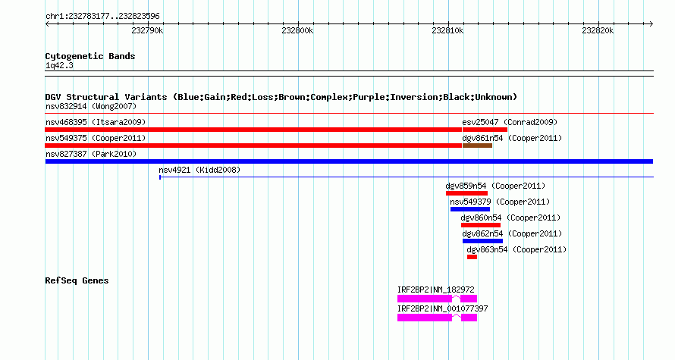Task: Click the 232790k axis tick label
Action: [147, 30]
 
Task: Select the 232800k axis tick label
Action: [297, 30]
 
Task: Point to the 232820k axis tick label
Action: [598, 30]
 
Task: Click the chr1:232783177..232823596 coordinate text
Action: [102, 17]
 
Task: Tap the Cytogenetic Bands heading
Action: [90, 56]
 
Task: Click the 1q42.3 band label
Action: [59, 66]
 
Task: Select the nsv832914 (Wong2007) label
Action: [91, 106]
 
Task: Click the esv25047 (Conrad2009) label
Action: [510, 122]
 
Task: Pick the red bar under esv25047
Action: [485, 130]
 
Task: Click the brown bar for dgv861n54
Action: [477, 146]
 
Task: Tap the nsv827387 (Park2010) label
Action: [91, 154]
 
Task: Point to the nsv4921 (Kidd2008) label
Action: [199, 170]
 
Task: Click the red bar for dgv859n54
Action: [466, 193]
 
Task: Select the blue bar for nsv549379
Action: [470, 209]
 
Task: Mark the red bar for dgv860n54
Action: [481, 225]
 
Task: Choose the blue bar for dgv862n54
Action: [482, 241]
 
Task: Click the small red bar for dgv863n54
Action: [472, 257]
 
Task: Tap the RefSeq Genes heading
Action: [77, 280]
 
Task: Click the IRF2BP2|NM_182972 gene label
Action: [435, 290]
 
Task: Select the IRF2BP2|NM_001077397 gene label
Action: [442, 308]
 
